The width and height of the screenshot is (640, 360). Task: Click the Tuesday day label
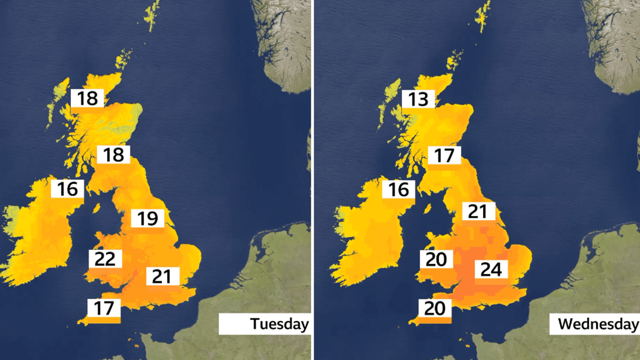(x=279, y=324)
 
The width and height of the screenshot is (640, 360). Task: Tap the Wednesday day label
(x=598, y=324)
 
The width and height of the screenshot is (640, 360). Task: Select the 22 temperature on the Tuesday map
(x=105, y=259)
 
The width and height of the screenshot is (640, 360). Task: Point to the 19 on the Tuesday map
(x=148, y=218)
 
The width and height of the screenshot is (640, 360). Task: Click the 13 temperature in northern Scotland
(x=418, y=99)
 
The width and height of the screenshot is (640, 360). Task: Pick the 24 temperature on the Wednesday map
(x=491, y=269)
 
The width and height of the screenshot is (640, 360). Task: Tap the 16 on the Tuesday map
(x=68, y=189)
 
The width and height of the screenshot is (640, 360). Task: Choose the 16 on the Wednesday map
(x=399, y=189)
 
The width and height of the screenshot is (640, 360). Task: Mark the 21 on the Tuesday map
(x=162, y=276)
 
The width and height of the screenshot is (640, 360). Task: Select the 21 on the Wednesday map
(x=478, y=212)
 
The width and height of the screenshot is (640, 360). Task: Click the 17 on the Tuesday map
(x=104, y=308)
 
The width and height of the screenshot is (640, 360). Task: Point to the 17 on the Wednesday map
(x=444, y=155)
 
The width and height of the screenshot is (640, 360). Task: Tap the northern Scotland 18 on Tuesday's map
(x=87, y=98)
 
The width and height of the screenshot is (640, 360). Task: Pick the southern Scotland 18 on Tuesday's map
(x=113, y=155)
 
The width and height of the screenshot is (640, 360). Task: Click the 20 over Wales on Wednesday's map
(x=436, y=259)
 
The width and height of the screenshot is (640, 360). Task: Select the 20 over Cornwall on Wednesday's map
(x=435, y=308)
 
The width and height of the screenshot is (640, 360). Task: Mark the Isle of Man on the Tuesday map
(x=96, y=207)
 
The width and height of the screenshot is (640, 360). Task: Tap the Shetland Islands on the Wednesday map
(x=483, y=16)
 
